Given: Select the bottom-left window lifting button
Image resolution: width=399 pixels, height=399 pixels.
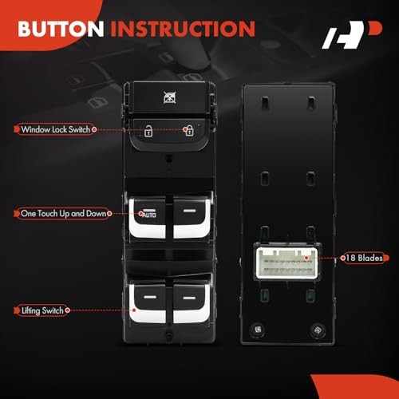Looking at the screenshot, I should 148,307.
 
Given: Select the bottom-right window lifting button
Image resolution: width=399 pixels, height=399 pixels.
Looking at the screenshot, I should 190,307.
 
